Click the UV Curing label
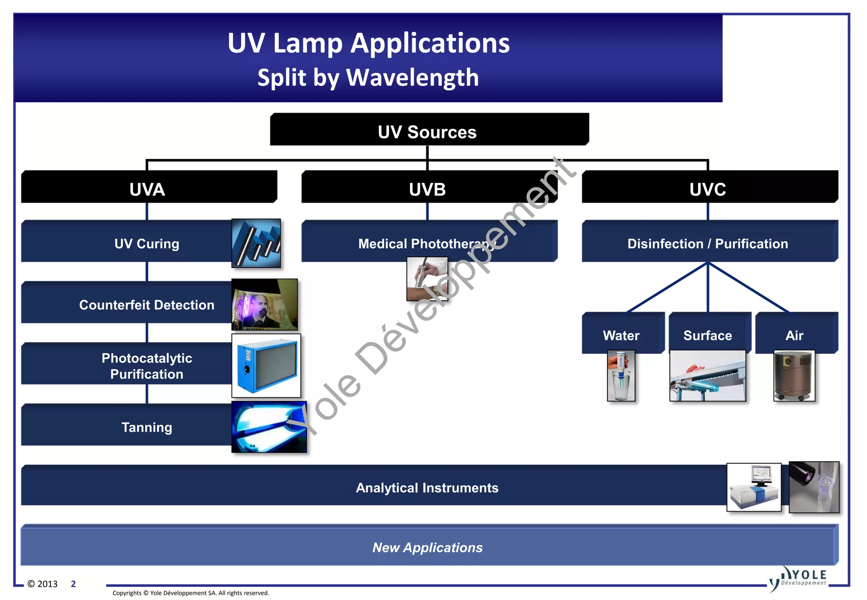[x=146, y=243]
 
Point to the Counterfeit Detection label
[x=146, y=305]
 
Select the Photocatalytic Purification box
[x=146, y=366]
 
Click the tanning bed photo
[x=269, y=427]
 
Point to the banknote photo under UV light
[x=264, y=304]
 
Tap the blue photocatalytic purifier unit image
[x=266, y=366]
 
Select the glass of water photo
[x=621, y=376]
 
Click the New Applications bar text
[x=428, y=547]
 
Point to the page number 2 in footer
[x=73, y=584]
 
